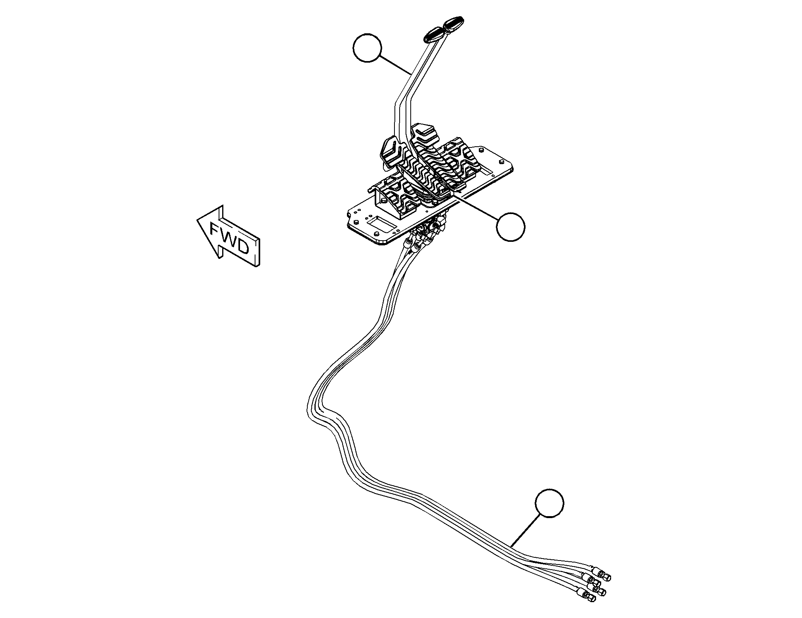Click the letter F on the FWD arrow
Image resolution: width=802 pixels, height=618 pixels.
pyautogui.click(x=216, y=230)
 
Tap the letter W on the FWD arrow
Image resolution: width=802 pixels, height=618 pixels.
pyautogui.click(x=229, y=238)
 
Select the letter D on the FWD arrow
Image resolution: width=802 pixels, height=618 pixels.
pyautogui.click(x=242, y=247)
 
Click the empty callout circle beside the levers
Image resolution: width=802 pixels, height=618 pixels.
pyautogui.click(x=367, y=48)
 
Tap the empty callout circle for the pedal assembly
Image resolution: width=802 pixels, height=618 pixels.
pyautogui.click(x=511, y=226)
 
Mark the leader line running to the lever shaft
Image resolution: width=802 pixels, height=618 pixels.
pyautogui.click(x=394, y=66)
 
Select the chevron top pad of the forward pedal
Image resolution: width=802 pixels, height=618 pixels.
pyautogui.click(x=391, y=152)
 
